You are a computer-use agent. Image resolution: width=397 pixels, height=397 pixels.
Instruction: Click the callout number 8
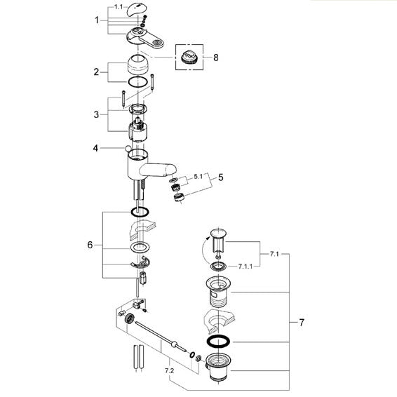(215, 58)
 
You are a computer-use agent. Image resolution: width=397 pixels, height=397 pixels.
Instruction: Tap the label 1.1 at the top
(119, 7)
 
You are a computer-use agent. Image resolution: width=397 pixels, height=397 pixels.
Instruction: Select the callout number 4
(95, 148)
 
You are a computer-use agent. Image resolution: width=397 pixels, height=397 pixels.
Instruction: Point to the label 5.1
(198, 177)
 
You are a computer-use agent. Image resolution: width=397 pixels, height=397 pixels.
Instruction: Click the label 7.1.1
(245, 267)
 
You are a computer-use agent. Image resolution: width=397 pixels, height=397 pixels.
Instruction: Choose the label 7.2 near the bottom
(169, 370)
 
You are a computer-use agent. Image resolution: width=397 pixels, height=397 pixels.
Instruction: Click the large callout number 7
(302, 323)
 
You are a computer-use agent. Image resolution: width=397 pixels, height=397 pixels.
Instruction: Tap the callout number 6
(90, 245)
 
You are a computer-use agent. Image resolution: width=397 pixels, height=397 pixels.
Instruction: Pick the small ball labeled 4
(128, 149)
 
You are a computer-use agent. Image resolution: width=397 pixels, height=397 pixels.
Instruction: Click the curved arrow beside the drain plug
(204, 250)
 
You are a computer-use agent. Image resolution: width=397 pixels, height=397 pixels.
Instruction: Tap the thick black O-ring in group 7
(219, 342)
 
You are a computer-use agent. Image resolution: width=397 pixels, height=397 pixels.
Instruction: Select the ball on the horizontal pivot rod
(174, 344)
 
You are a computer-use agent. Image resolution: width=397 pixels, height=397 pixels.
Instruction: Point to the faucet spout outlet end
(170, 169)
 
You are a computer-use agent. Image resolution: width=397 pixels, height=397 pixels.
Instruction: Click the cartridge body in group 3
(137, 130)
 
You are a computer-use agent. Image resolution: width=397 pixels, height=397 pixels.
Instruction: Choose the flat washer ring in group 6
(140, 247)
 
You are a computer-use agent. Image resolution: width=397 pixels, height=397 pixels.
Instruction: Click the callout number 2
(96, 72)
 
